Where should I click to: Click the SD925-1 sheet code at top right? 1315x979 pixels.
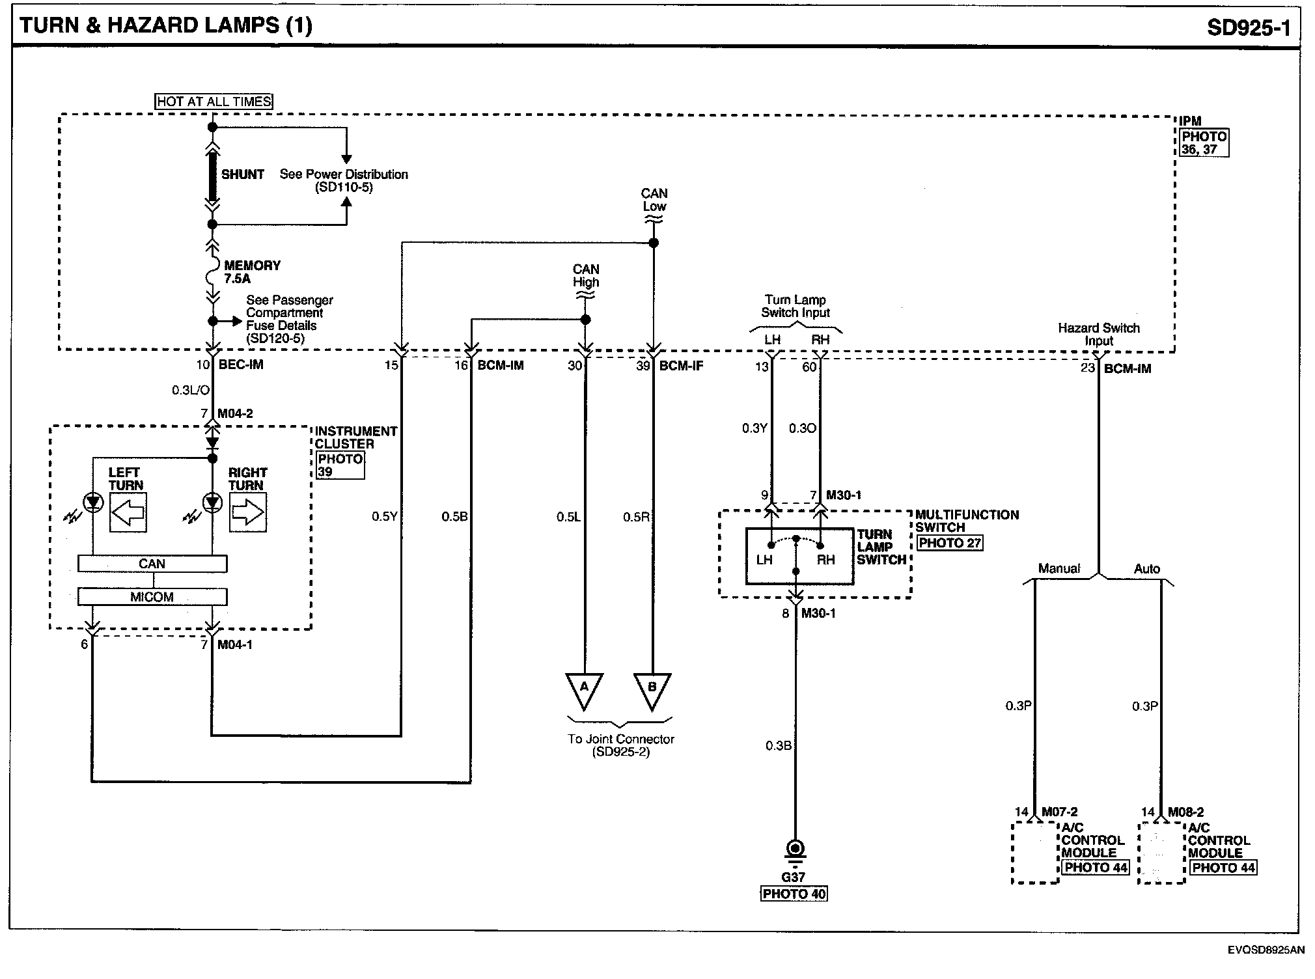tap(1248, 27)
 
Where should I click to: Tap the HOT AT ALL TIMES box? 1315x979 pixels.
tap(214, 102)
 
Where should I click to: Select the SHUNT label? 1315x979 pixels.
tap(243, 174)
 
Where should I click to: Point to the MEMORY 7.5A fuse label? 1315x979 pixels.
tap(252, 272)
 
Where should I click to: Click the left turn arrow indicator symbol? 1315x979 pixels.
tap(128, 513)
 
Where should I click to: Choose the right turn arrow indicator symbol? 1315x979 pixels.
tap(248, 513)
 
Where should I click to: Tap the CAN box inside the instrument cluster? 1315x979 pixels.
tap(152, 564)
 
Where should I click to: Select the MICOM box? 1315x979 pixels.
tap(152, 597)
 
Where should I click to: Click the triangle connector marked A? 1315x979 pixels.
tap(584, 690)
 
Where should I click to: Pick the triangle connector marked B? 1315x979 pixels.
tap(652, 690)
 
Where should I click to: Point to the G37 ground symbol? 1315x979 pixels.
tap(795, 850)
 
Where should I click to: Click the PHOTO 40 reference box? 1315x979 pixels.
tap(794, 894)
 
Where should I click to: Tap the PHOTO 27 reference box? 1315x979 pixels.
tap(950, 543)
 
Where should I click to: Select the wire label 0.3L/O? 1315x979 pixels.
tap(191, 390)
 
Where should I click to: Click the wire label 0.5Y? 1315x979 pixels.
tap(384, 517)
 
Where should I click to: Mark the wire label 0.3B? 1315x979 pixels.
tap(778, 746)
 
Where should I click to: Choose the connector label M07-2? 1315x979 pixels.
tap(1059, 812)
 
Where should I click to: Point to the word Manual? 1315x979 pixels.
tap(1059, 569)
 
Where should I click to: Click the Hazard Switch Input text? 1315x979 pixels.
tap(1099, 335)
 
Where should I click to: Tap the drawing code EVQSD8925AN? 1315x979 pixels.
tap(1266, 950)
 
